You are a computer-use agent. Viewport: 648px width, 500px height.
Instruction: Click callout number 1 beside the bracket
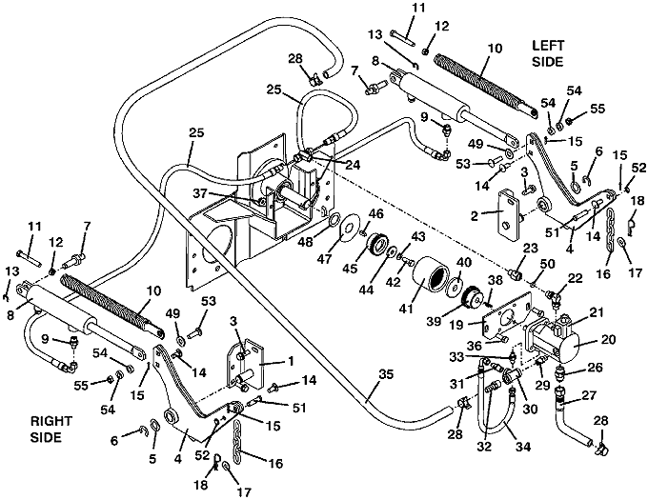[x=291, y=363]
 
